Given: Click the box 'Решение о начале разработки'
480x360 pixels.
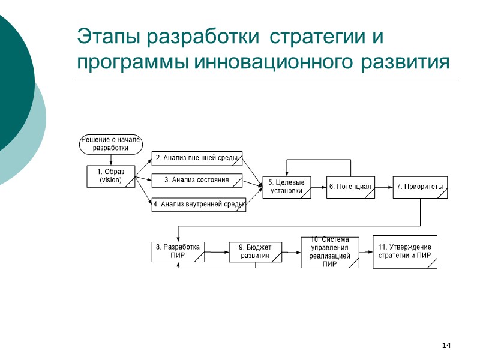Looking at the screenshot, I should [111, 144].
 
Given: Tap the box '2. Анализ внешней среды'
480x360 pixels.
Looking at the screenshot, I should [197, 158].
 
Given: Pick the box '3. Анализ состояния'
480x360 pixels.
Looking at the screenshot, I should [197, 181].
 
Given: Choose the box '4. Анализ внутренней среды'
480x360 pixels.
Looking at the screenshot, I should [198, 205].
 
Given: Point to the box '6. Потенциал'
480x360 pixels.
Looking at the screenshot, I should [350, 187].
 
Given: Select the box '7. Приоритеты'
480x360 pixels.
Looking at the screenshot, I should [420, 187].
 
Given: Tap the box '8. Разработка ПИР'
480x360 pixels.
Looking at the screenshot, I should [178, 251].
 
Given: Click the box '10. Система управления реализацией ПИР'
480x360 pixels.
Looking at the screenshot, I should [330, 252].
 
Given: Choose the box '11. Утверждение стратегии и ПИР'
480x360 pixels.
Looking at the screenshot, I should [405, 251].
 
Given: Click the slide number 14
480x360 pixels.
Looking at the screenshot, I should [446, 345].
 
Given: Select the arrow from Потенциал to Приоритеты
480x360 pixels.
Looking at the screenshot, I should [383, 187].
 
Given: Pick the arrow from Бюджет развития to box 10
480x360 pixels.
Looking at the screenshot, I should [291, 252].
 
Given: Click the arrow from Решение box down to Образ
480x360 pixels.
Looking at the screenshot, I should [111, 160].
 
